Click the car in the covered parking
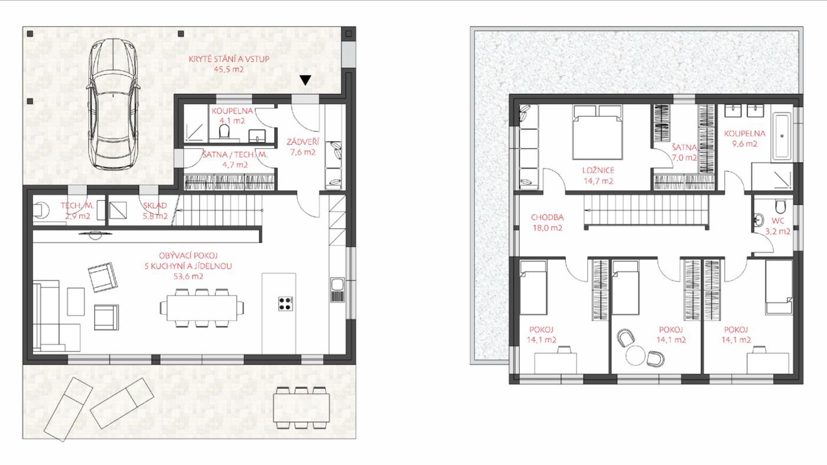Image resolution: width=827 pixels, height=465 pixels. (x=113, y=104)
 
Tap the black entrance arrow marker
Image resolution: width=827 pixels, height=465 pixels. (x=305, y=80)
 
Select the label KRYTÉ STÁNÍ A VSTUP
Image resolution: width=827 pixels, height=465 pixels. (x=229, y=59)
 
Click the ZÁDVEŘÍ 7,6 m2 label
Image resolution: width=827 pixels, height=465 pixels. (x=302, y=147)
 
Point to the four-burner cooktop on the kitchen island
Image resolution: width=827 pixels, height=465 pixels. (x=285, y=303)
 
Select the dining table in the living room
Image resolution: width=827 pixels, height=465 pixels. (x=201, y=308)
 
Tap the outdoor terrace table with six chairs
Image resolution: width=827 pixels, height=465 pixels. (x=301, y=408)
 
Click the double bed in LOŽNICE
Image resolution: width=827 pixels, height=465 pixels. (x=597, y=132)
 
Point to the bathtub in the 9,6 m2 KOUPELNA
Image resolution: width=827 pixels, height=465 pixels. (x=781, y=137)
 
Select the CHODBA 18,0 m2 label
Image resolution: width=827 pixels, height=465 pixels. (x=547, y=222)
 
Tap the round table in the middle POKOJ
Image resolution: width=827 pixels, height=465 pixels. (x=635, y=355)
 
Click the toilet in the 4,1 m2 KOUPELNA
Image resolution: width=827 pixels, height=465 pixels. (x=224, y=131)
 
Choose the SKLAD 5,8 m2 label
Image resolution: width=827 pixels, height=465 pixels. (x=155, y=211)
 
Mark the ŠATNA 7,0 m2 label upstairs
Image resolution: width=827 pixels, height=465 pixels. (x=684, y=152)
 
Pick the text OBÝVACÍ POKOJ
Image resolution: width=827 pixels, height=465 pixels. (x=188, y=256)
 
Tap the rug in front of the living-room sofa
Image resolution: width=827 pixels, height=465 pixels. (x=76, y=302)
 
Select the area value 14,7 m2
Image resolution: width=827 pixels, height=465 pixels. (x=598, y=181)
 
